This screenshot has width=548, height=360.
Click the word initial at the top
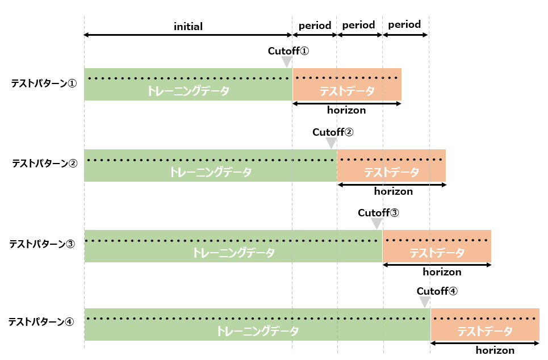pos(188,26)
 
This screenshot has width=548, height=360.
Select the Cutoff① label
pos(288,51)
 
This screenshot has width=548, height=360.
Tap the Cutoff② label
pos(333,132)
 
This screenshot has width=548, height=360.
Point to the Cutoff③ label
pos(378,213)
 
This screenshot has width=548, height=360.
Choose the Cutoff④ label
pos(437,291)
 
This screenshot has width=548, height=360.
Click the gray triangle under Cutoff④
pos(425,302)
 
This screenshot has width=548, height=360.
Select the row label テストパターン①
pos(44,83)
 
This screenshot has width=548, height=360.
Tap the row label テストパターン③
pos(42,244)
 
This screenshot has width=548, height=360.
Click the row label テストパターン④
pos(41,322)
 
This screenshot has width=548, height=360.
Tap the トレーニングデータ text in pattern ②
pos(210,173)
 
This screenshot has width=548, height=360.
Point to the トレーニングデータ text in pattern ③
pos(233,253)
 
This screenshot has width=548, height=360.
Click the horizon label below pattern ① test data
pos(346,110)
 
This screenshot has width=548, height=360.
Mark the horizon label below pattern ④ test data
pos(495,350)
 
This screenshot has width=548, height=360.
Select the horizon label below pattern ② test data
pos(393,191)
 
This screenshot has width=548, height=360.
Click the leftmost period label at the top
pos(315,26)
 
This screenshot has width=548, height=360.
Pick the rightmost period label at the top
pos(404,25)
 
